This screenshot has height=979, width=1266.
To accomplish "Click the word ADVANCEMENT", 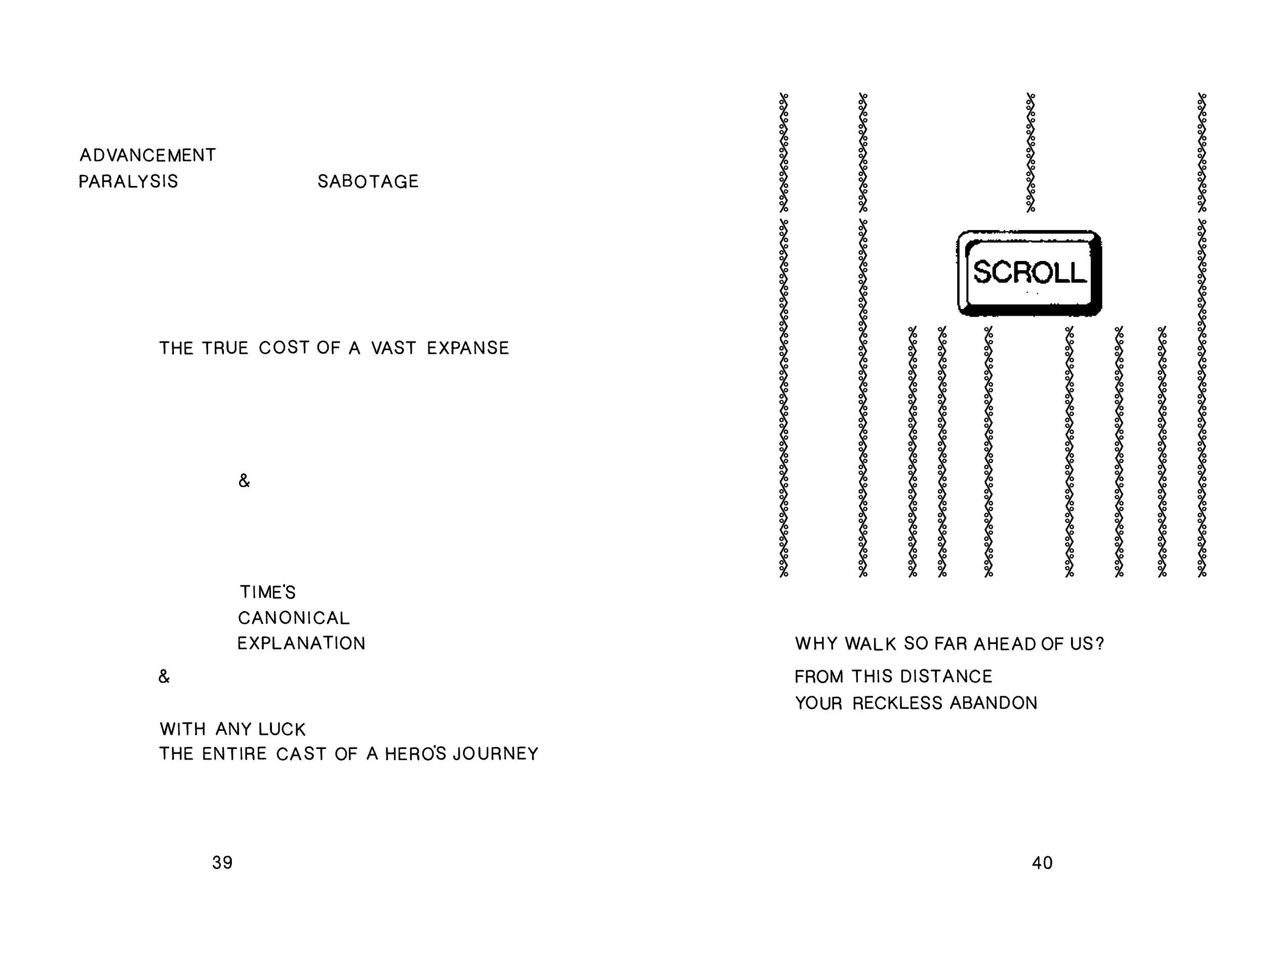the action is coord(147,156).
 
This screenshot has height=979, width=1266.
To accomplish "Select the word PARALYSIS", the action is coord(128,181).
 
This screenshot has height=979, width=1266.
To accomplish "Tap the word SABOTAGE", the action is coord(368,181).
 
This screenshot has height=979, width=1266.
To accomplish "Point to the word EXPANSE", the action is coord(468,348).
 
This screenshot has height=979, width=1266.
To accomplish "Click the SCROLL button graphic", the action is coord(1029,273).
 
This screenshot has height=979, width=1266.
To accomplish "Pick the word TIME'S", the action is coord(267,592).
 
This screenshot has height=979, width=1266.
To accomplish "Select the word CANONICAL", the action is coord(293,618).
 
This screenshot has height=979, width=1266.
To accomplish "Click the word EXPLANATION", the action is coord(301,643).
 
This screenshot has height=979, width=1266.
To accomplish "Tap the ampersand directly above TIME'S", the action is coord(244,481).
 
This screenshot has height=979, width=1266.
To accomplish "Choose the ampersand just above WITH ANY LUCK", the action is coord(164,676).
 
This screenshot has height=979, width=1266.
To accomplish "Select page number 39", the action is coord(222,863).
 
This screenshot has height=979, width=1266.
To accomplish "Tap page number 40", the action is coord(1042,863).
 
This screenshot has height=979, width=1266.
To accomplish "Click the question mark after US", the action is coord(1099,644).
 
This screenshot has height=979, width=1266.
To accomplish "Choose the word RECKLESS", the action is coord(897,703).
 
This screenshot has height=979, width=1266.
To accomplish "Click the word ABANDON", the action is coord(994,703).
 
